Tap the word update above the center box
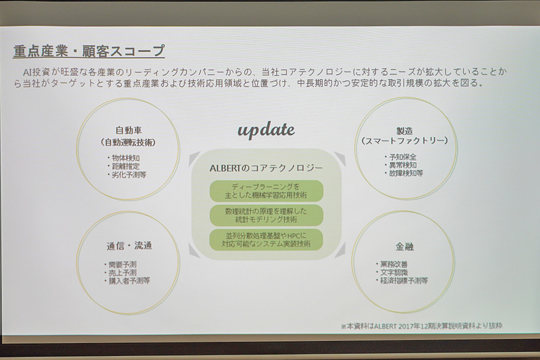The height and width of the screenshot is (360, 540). [266, 129]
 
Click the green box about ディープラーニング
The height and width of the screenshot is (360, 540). [267, 190]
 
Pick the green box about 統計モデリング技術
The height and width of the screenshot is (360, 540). [267, 215]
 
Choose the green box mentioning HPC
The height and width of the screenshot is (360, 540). [267, 239]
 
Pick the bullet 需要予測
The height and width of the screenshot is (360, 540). [121, 264]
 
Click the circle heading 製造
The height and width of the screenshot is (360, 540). [404, 130]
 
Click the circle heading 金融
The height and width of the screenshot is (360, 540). [404, 247]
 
